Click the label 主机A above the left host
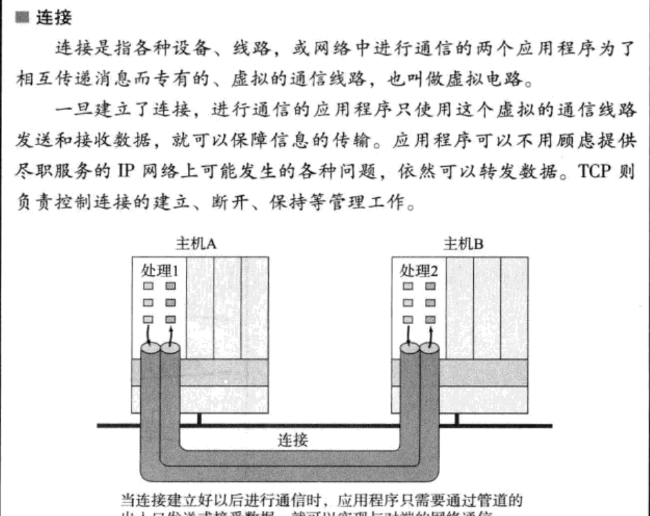coord(195,243)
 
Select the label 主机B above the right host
coord(463,243)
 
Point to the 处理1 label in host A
coord(160,271)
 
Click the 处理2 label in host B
coord(419,271)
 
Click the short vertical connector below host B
coord(457,419)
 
